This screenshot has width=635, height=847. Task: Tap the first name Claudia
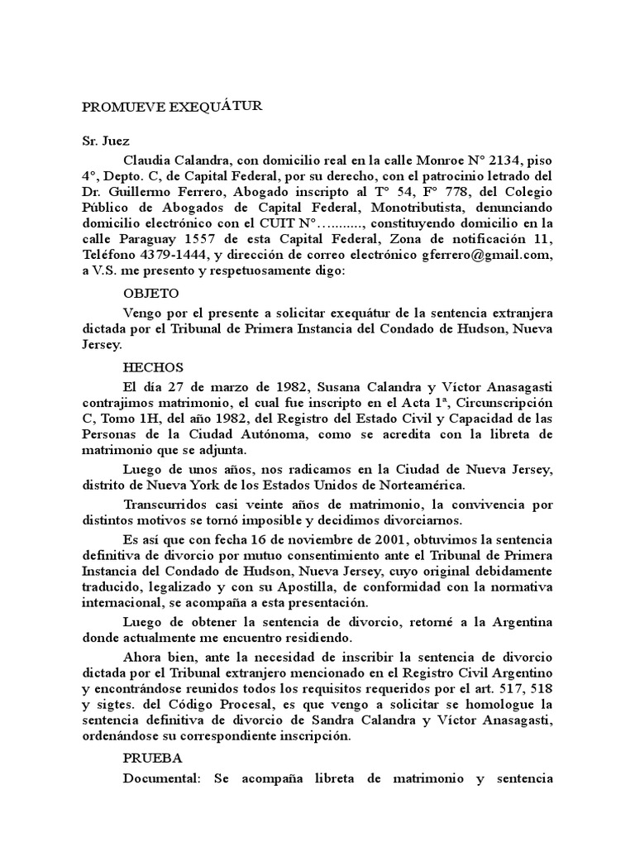tap(147, 159)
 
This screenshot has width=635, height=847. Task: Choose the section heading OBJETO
tap(151, 293)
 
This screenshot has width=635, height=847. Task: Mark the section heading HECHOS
tap(153, 367)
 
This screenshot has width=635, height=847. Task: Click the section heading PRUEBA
tap(153, 758)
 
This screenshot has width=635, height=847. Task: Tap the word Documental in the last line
tap(162, 779)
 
